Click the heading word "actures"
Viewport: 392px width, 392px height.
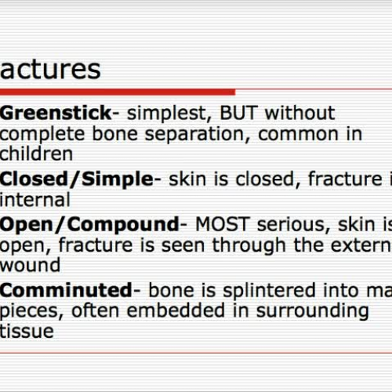pos(51,69)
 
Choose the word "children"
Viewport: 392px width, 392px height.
pos(37,154)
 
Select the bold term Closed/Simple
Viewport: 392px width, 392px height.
pos(76,180)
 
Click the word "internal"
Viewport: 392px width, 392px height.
pos(35,200)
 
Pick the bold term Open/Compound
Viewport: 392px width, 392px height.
pos(89,224)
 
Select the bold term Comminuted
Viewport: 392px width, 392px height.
pos(63,291)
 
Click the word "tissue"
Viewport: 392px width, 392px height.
pos(27,332)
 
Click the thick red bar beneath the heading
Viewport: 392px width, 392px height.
pos(118,92)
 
